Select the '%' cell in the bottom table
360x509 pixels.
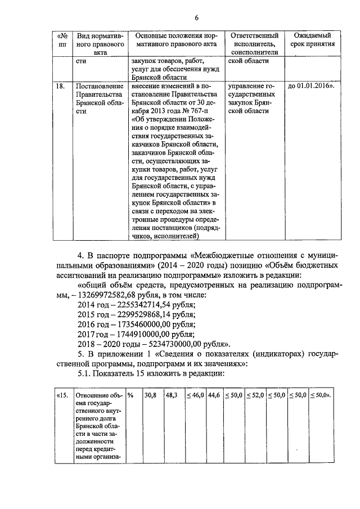point(130,395)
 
